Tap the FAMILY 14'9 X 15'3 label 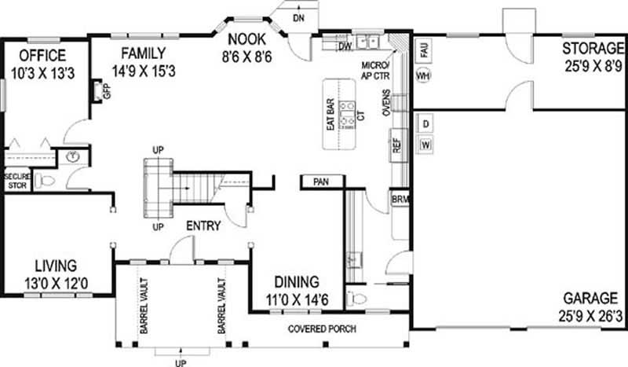point(142,61)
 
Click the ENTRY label point(203,226)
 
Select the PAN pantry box point(320,182)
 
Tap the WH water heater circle point(423,76)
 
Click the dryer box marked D point(425,124)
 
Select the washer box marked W point(425,145)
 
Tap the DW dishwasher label point(344,46)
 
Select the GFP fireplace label point(108,91)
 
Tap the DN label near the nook point(298,17)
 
